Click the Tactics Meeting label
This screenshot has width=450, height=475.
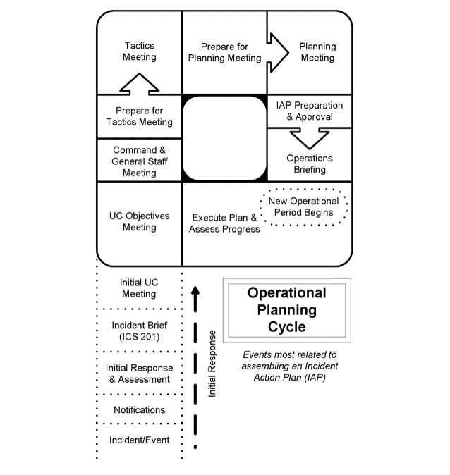[140, 51]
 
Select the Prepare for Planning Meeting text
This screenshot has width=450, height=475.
[224, 52]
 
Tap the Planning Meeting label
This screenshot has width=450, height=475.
[317, 52]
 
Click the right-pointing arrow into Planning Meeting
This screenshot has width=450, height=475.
[277, 53]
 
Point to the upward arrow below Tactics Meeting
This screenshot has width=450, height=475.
[139, 84]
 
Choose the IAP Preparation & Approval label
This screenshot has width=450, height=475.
[310, 111]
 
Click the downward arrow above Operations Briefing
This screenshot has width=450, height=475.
[310, 138]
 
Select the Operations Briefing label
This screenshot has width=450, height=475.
[310, 164]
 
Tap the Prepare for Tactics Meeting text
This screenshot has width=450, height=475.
[140, 116]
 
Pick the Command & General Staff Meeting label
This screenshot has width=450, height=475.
[140, 161]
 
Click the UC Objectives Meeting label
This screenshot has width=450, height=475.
[140, 221]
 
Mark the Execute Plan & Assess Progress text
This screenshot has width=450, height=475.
[224, 223]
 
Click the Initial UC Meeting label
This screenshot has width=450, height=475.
[139, 288]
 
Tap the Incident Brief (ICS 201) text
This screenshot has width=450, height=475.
[140, 331]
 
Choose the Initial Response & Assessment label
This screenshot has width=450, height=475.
[140, 374]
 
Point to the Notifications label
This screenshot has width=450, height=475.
[140, 410]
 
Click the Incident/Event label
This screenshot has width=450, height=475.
[140, 440]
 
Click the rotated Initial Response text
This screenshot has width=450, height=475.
[212, 364]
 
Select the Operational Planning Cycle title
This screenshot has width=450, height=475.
[287, 310]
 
